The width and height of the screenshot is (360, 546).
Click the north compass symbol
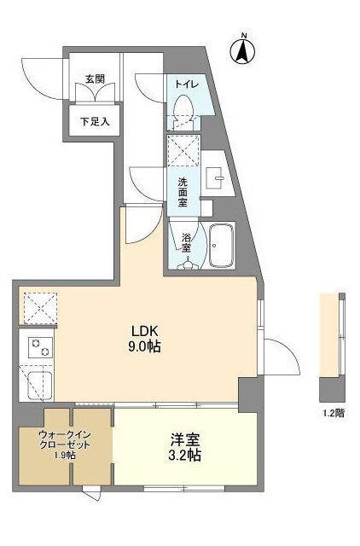click(x=243, y=49)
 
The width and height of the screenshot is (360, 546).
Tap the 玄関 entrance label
click(x=95, y=79)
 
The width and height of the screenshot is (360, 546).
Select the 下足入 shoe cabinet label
click(x=96, y=121)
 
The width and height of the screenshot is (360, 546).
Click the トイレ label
click(x=187, y=84)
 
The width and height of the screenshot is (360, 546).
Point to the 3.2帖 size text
click(x=184, y=456)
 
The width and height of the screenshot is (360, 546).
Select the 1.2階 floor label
click(x=334, y=412)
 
